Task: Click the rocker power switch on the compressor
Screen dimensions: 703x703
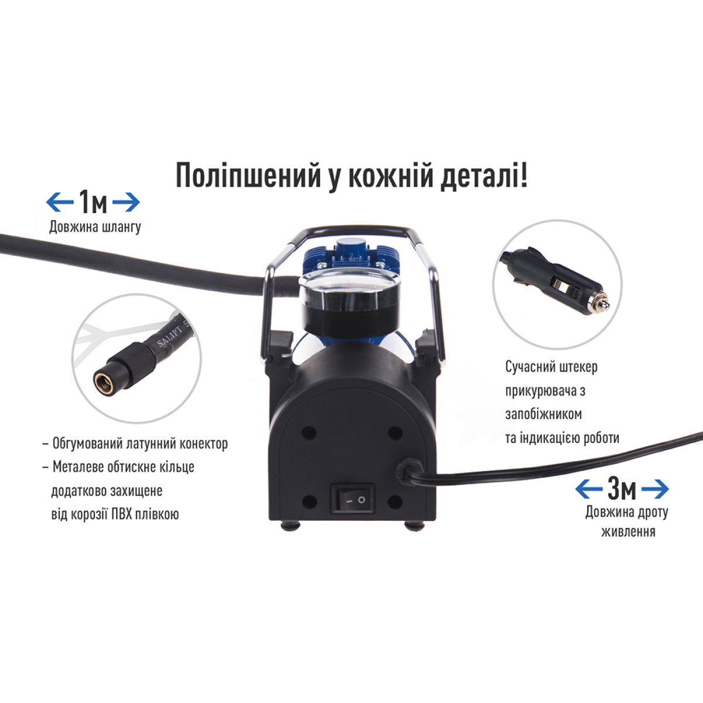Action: coord(352,498)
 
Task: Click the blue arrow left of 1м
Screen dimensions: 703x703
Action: coord(60,202)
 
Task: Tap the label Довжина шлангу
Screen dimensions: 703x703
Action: coord(95,227)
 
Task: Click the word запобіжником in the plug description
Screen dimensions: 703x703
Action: coord(544,414)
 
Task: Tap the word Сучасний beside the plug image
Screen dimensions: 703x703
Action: coord(525,367)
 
